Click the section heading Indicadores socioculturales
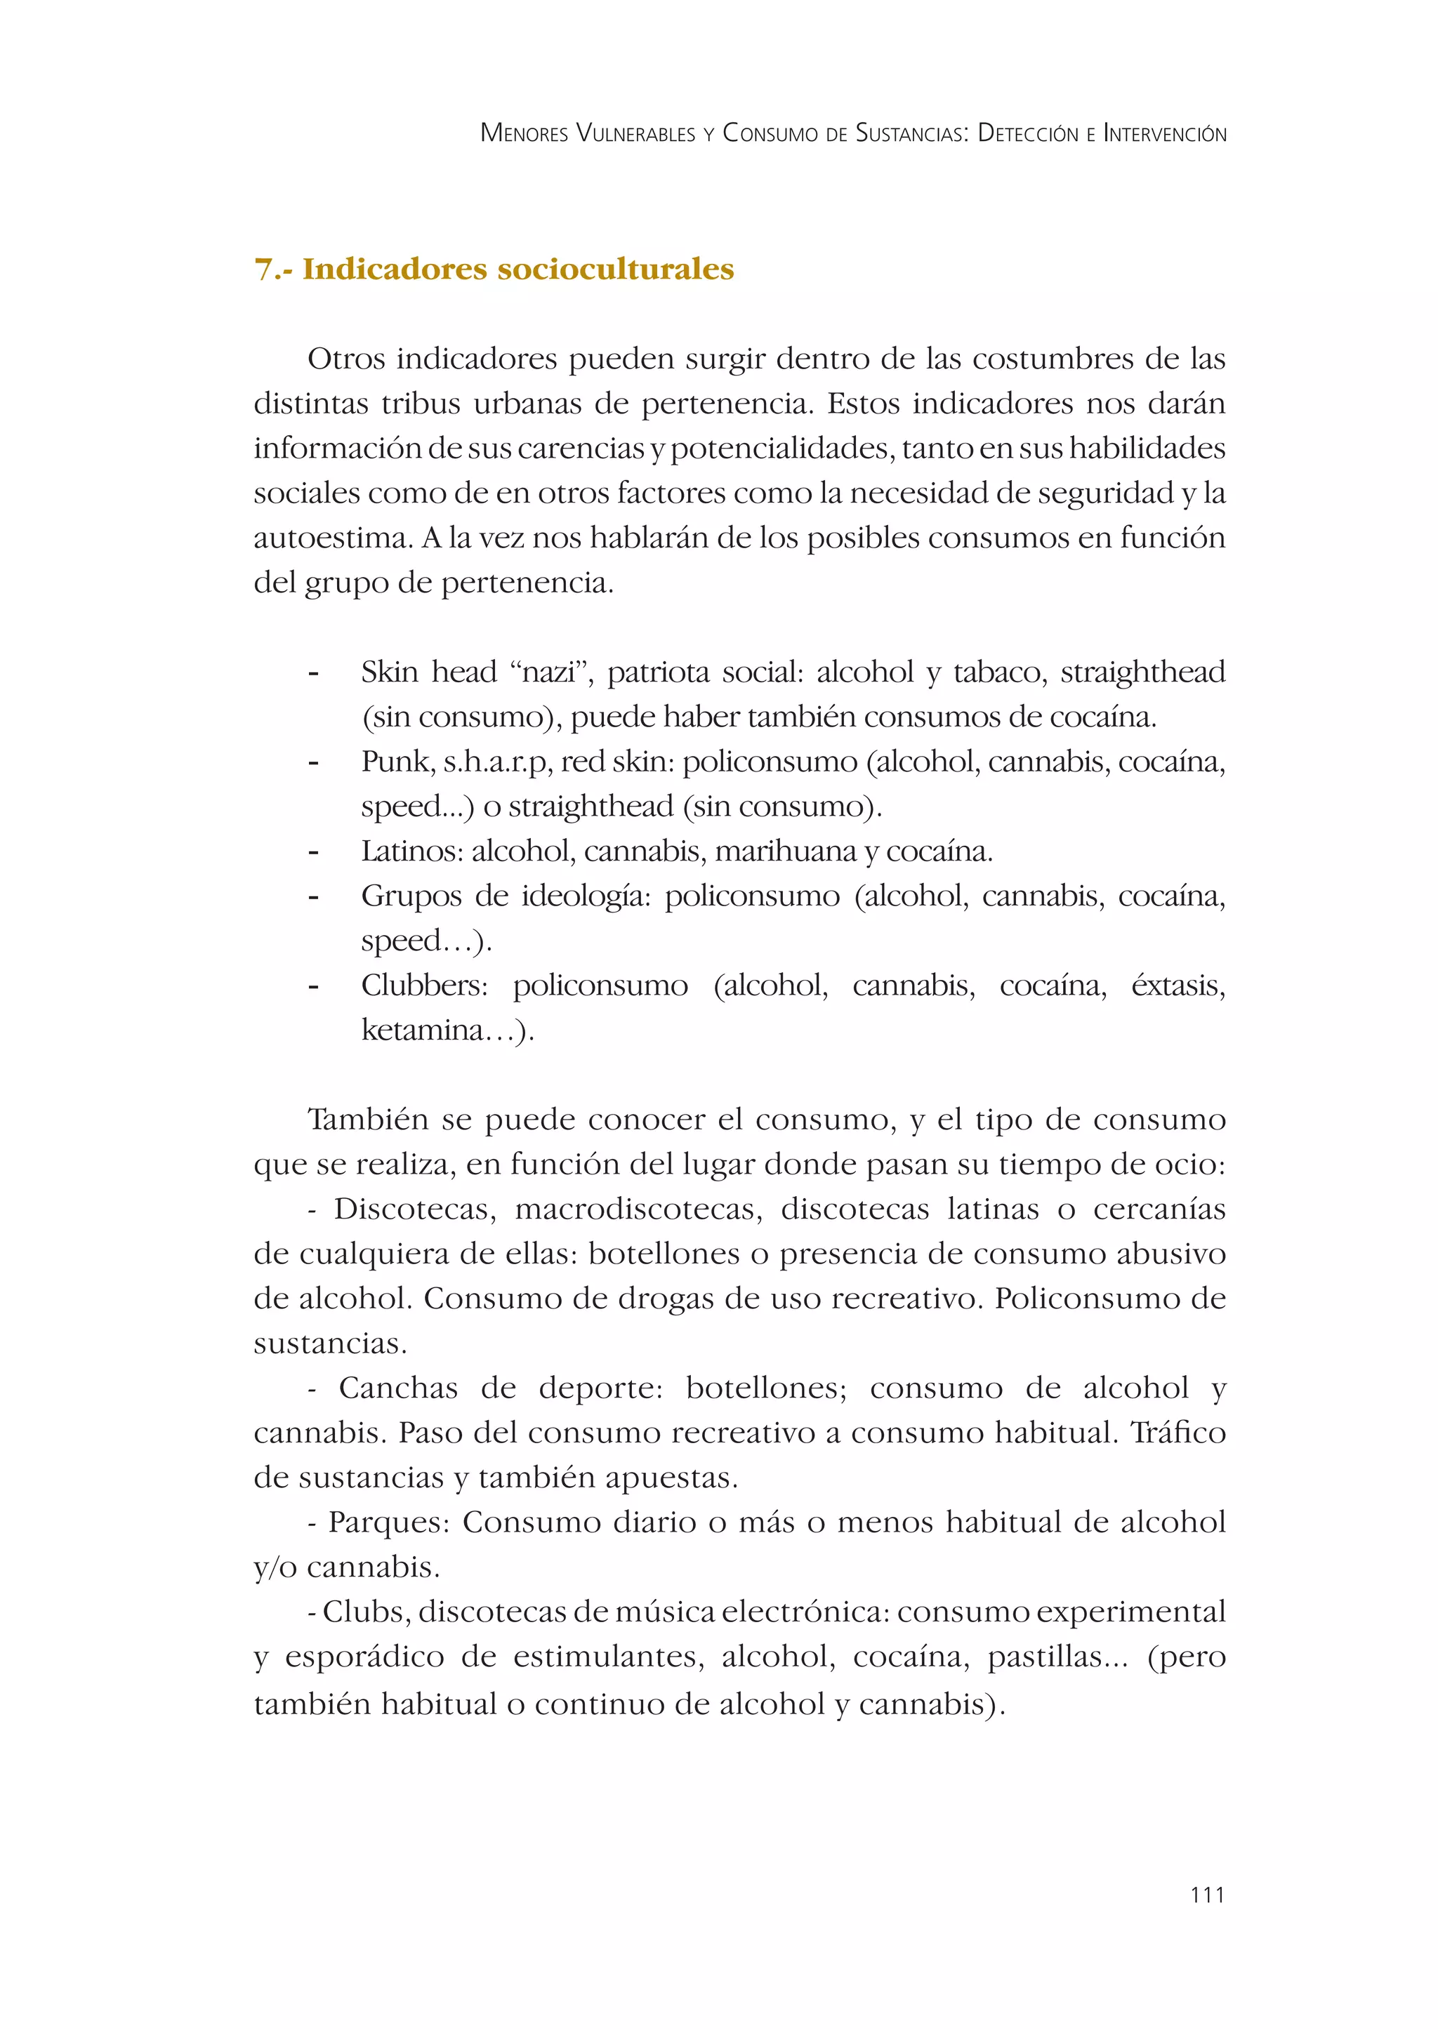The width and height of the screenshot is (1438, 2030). coord(518,268)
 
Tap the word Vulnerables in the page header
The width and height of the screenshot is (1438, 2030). coord(635,133)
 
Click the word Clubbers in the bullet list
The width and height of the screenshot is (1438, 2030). coord(424,986)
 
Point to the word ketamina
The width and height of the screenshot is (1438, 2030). coord(423,1030)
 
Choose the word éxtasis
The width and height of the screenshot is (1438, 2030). coord(1177,986)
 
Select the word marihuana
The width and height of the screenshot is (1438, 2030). coord(786,851)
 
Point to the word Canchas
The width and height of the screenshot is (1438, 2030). coord(398,1388)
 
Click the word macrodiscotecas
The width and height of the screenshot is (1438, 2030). coord(638,1209)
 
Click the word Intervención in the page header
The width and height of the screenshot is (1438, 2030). coord(1164,133)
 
